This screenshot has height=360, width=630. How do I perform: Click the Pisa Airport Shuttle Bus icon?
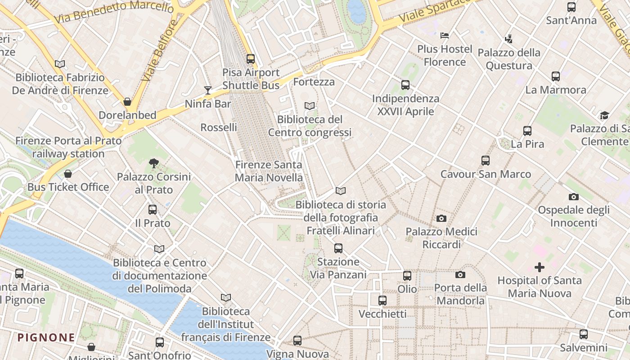[251, 59]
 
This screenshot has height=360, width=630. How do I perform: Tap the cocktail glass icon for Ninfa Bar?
[207, 90]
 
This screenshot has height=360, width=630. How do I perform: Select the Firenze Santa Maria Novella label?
[269, 171]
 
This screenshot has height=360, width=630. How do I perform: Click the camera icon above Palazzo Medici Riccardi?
[441, 218]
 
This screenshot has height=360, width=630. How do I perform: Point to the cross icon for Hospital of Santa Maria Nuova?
[539, 267]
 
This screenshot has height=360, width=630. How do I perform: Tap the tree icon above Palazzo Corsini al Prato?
[154, 163]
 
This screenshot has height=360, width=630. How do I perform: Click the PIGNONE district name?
[46, 337]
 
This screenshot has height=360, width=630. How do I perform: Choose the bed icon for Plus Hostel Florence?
[445, 35]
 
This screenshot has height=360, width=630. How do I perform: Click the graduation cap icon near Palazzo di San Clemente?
[604, 116]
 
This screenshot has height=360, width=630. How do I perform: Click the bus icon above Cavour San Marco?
[485, 161]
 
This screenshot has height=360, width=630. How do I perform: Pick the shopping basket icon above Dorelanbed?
[127, 102]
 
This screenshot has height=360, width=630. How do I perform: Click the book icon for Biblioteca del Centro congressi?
[309, 106]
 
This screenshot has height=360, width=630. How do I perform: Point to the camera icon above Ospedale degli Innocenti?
[573, 197]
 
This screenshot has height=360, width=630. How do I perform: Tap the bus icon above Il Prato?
[153, 210]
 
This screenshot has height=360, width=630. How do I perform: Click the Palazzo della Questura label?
[509, 59]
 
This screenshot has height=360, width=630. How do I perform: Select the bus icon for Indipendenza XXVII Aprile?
[405, 85]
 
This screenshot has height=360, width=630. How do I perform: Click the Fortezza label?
[314, 82]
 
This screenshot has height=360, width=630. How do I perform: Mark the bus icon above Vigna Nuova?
[297, 341]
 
